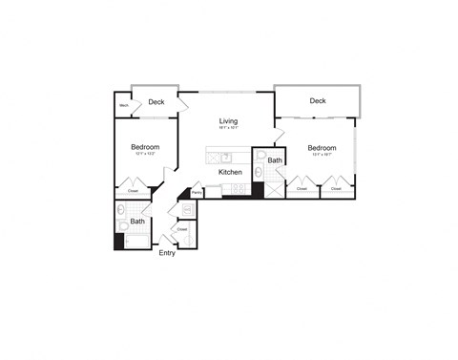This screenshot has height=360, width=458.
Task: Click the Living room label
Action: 228,121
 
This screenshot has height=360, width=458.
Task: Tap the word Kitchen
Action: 230,172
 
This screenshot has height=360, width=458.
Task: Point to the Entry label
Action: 167,253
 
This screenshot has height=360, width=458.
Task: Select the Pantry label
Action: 197,193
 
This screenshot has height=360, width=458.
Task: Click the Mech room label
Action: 124,105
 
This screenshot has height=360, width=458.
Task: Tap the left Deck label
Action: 156,101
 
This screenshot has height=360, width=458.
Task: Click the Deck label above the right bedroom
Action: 318,100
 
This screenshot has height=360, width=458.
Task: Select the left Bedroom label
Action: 145,147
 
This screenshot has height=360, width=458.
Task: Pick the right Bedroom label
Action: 322,148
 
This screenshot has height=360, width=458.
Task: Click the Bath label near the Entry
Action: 138,222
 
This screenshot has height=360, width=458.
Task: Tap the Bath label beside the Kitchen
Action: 275,160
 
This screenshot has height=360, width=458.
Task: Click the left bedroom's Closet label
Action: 133,191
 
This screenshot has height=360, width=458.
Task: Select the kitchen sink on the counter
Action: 226,158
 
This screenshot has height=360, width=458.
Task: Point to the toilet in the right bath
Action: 260,155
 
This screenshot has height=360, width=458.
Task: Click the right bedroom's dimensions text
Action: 322,157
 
